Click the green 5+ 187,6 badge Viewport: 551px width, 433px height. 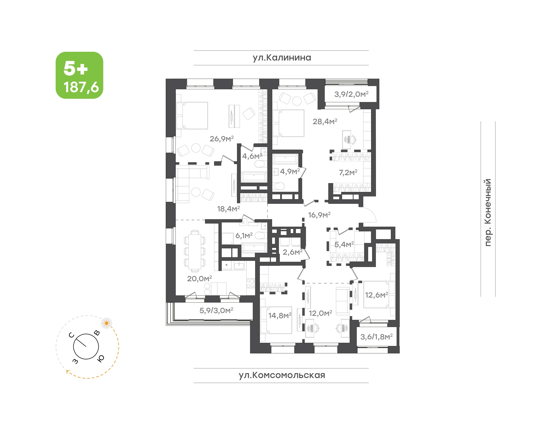click(79, 75)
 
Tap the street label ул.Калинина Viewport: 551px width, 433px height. click(282, 58)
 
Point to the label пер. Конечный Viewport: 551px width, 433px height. click(487, 212)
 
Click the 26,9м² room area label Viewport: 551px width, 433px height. click(221, 139)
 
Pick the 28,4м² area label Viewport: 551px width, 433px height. click(325, 121)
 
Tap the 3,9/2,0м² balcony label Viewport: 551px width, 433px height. click(351, 94)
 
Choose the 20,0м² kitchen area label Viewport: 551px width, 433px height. click(199, 279)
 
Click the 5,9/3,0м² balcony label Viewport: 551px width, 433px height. click(216, 310)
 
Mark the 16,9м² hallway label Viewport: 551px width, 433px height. click(319, 215)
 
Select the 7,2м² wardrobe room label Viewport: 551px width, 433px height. click(348, 173)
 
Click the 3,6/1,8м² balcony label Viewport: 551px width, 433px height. click(376, 337)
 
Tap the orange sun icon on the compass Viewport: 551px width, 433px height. click(107, 323)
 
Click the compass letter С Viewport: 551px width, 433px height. click(72, 335)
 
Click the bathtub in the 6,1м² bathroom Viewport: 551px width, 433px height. click(254, 247)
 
